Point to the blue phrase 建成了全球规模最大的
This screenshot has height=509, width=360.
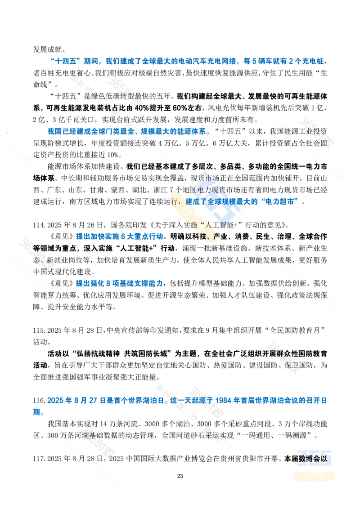tap(220, 201)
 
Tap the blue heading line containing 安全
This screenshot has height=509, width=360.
tap(128, 131)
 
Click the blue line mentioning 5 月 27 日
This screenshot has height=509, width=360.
tap(180, 400)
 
